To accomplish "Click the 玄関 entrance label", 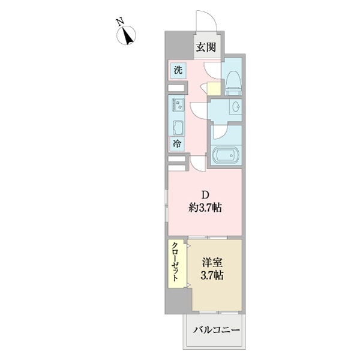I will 205,47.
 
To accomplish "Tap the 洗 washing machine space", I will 178,70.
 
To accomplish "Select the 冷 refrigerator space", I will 178,143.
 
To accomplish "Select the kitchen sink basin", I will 178,127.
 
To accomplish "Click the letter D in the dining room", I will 205,195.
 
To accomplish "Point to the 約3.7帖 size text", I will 204,209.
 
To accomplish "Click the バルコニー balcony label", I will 216,331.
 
